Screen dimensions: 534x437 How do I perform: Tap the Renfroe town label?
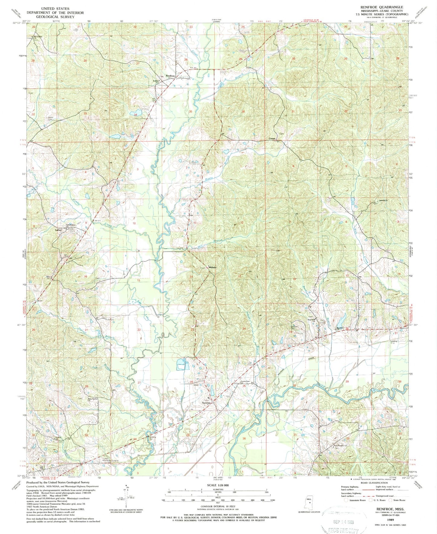click(170, 76)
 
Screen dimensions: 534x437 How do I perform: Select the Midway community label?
click(213, 267)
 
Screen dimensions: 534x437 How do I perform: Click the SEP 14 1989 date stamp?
click(342, 522)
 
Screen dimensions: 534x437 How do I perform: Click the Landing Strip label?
click(393, 342)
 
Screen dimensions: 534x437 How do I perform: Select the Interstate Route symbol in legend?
click(347, 509)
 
